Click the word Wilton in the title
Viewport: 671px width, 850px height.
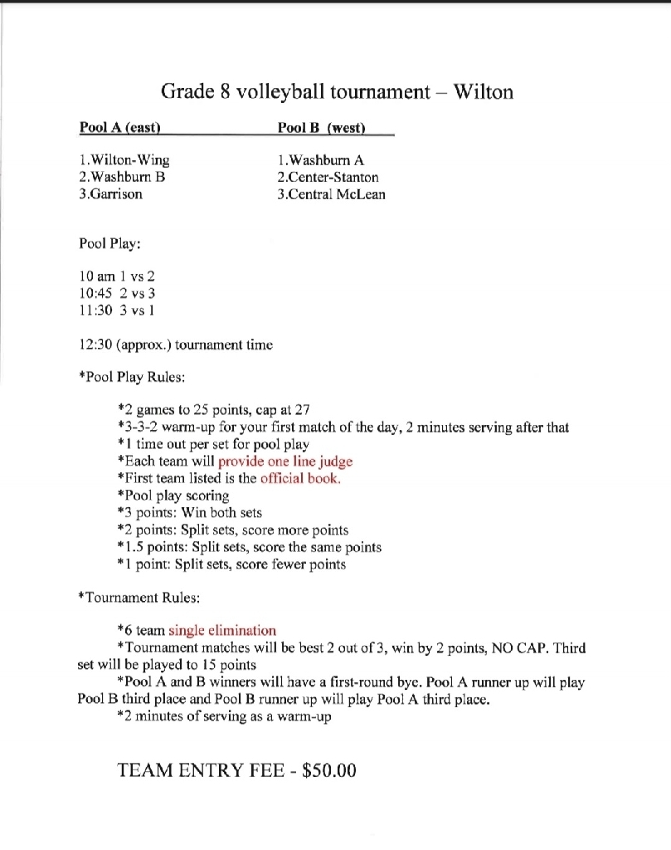coord(484,91)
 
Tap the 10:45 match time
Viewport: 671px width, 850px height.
coord(94,292)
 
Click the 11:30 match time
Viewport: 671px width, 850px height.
coord(94,310)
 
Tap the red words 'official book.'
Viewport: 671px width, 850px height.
coord(300,478)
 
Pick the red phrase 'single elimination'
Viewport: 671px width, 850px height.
coord(222,630)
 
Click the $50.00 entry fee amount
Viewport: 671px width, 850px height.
coord(329,770)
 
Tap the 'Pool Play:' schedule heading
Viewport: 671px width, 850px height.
coord(109,244)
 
